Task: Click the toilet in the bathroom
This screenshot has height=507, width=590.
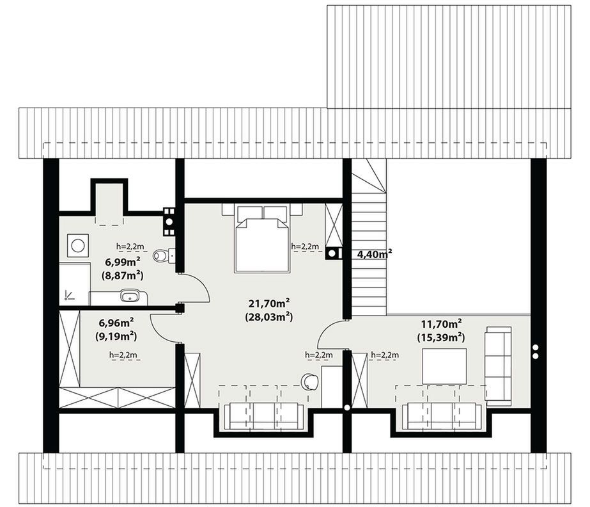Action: tap(164, 255)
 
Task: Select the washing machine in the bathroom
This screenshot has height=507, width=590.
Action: tap(77, 246)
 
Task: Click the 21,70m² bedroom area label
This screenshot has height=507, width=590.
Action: tap(269, 303)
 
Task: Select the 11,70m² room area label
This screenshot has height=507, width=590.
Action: tap(441, 324)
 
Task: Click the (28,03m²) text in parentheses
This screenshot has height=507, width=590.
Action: tap(269, 317)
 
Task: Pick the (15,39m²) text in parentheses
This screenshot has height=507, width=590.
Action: tap(441, 337)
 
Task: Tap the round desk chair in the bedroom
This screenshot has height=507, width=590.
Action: tap(309, 382)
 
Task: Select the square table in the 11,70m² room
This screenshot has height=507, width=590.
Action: tap(444, 366)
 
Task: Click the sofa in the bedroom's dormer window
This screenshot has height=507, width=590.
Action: tap(263, 416)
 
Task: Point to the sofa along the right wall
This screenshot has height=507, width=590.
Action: tap(498, 364)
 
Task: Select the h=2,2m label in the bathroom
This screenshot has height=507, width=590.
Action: tap(130, 246)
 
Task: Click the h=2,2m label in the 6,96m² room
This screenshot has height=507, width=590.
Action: tap(123, 355)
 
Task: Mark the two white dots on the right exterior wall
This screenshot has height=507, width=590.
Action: tap(536, 351)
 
